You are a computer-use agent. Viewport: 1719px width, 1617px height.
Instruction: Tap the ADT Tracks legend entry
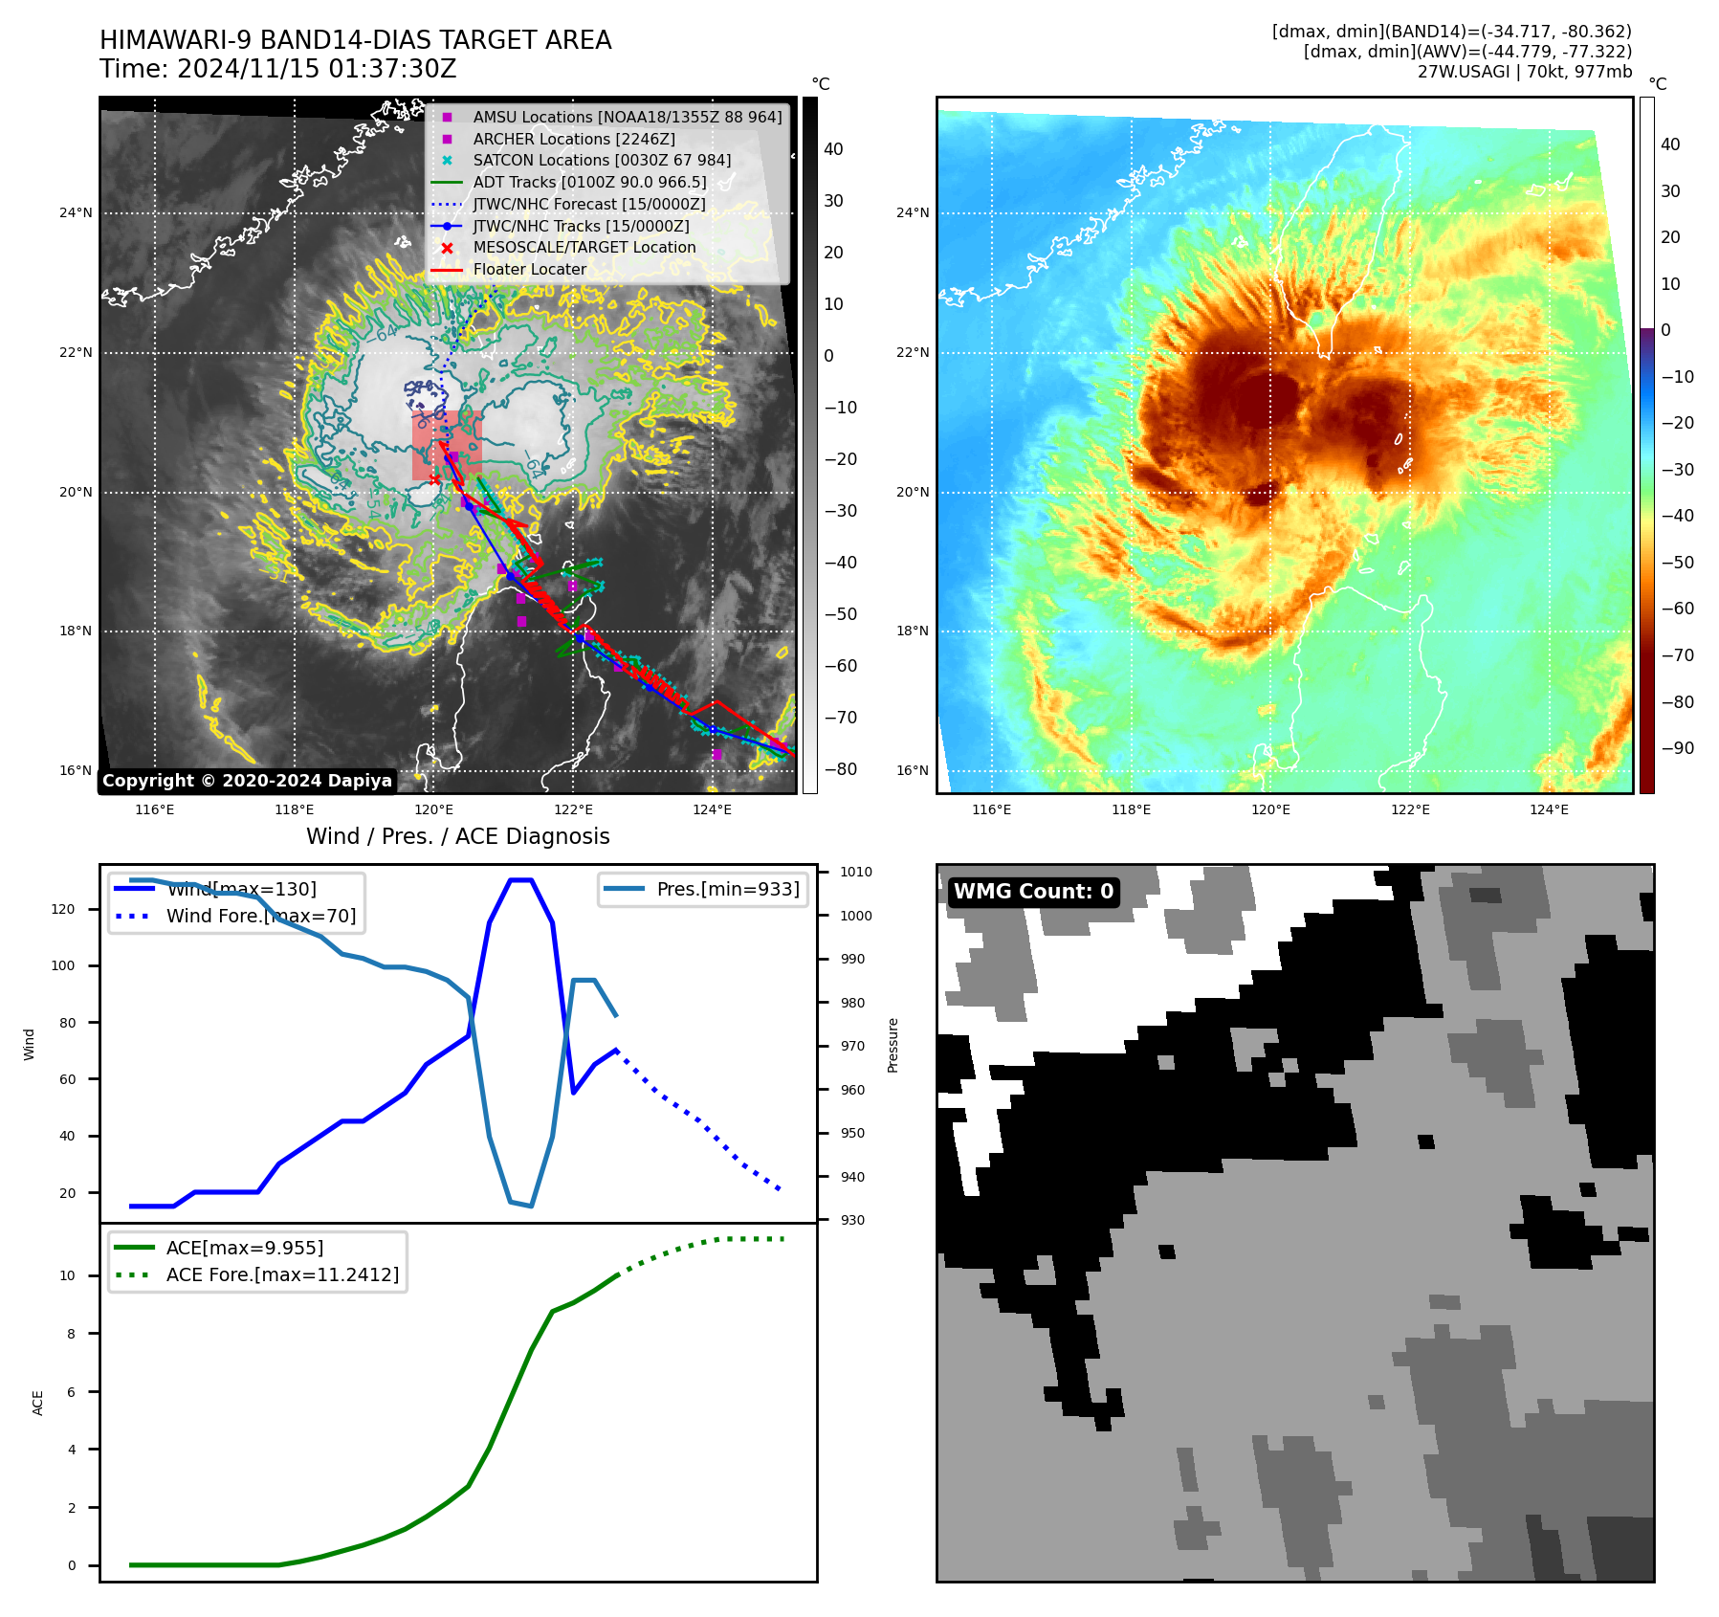point(589,182)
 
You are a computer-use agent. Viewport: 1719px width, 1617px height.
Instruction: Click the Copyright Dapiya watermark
point(247,781)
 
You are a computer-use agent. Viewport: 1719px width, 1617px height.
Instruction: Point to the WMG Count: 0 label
point(1033,892)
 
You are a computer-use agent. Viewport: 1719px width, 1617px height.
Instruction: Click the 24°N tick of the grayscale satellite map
point(76,212)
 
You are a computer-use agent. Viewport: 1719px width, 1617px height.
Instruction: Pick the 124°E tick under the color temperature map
point(1549,809)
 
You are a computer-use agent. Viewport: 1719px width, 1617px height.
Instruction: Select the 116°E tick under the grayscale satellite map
point(154,809)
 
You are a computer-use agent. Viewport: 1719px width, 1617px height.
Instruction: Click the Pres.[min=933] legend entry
point(728,889)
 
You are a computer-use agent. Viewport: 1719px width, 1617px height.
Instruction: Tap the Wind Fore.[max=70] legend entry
point(260,916)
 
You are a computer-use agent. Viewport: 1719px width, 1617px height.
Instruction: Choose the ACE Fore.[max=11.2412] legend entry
point(282,1274)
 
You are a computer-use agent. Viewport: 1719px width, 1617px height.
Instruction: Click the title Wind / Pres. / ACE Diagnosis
point(457,836)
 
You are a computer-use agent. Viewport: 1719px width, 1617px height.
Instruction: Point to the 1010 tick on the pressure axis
point(856,872)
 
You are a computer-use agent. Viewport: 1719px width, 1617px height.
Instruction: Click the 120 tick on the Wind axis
point(63,909)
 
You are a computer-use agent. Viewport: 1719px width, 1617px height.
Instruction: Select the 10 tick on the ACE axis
point(67,1275)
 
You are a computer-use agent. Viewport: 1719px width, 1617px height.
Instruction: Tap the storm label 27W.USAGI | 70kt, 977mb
point(1524,72)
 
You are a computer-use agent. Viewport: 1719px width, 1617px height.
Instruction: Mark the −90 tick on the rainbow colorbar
point(1677,748)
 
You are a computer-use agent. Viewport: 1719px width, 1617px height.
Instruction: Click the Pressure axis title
point(893,1045)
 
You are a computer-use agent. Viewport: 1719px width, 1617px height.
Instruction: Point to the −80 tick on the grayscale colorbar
point(841,769)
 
